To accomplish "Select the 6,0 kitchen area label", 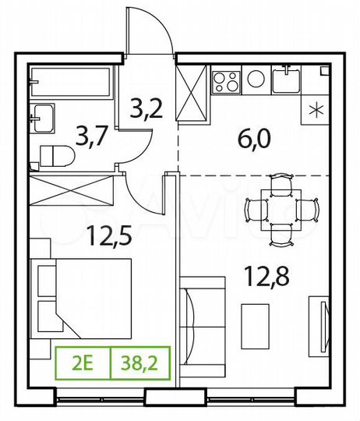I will coord(253,140).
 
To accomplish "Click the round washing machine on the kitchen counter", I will coord(255,78).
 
